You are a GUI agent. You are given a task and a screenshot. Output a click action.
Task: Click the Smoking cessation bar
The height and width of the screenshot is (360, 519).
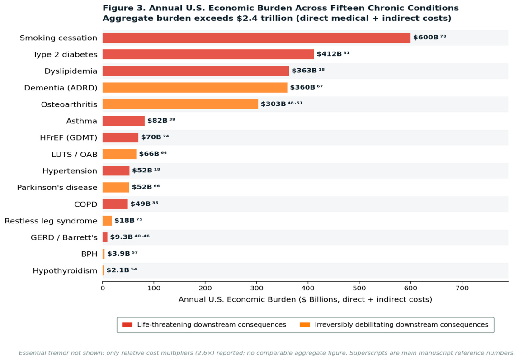(x=256, y=38)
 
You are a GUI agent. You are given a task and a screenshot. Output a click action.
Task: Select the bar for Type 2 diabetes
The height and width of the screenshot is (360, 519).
(x=208, y=54)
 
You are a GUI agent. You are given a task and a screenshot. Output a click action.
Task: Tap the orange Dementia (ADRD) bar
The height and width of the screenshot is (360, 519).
(x=195, y=88)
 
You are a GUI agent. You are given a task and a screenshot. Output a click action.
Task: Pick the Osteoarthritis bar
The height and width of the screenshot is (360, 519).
(x=180, y=104)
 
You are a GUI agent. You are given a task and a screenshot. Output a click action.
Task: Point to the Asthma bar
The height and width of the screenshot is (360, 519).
(x=123, y=121)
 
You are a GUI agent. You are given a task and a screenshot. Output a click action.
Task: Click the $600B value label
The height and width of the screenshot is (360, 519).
(x=426, y=38)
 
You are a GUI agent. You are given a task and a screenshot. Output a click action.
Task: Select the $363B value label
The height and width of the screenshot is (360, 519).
(x=304, y=71)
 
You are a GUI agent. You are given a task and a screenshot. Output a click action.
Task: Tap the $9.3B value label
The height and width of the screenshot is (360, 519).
(x=122, y=237)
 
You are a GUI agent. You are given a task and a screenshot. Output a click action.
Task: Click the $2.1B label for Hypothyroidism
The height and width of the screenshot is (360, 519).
(x=118, y=270)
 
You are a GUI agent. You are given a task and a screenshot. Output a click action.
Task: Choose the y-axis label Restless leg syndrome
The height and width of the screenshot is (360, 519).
(x=51, y=221)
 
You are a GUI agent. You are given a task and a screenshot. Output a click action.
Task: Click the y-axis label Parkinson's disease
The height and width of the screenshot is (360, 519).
(x=57, y=187)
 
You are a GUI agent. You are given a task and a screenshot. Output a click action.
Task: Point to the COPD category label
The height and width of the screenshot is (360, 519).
(x=86, y=204)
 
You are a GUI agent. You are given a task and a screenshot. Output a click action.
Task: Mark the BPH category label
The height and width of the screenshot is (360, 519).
(x=90, y=254)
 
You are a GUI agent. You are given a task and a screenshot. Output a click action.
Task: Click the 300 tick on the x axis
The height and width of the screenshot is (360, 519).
(x=256, y=289)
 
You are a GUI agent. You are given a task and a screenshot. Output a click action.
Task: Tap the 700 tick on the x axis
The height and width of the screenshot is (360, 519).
(x=462, y=289)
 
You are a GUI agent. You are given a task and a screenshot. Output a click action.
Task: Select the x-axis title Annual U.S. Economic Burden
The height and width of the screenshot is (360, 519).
(x=237, y=300)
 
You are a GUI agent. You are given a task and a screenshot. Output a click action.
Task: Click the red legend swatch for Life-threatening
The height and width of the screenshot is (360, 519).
(x=127, y=325)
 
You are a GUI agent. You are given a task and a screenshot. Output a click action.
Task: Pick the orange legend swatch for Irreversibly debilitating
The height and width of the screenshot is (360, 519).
(x=305, y=325)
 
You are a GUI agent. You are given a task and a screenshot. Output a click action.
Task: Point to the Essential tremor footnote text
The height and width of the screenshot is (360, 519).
(x=266, y=353)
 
